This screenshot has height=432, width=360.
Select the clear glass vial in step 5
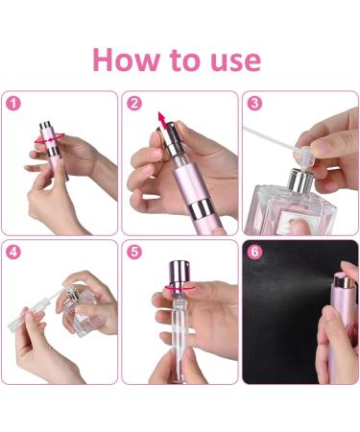[x=180, y=336]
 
